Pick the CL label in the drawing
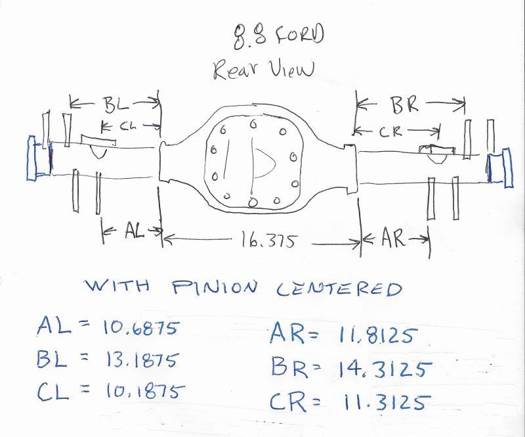tap(126, 124)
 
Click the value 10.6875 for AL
tap(140, 328)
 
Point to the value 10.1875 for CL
tap(142, 392)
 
